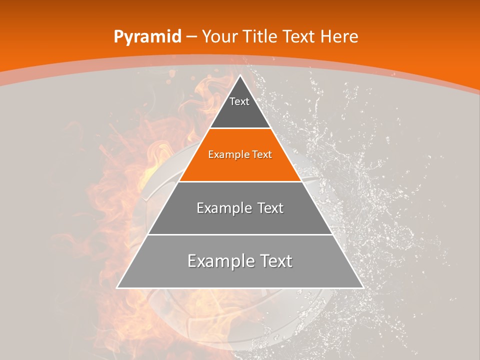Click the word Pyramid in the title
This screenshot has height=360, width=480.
(x=147, y=37)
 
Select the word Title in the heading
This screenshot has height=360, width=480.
(x=260, y=36)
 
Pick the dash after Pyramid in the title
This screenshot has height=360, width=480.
(x=191, y=37)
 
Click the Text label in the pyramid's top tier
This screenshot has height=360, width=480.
(x=239, y=101)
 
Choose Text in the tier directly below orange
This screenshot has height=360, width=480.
(x=269, y=208)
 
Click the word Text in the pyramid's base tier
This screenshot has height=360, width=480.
(x=273, y=261)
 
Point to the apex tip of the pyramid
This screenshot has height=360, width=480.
(x=240, y=76)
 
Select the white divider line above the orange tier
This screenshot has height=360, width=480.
(x=240, y=128)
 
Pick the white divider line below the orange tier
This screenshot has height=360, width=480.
(x=240, y=181)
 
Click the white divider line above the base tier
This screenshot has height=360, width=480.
(x=240, y=234)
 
